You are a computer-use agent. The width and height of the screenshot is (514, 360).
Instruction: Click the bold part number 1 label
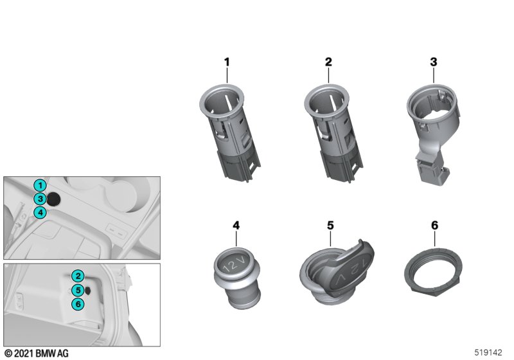tap(227, 62)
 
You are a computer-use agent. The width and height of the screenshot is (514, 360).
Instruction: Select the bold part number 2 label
tap(328, 62)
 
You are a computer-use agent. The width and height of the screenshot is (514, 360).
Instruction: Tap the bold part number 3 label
tap(434, 62)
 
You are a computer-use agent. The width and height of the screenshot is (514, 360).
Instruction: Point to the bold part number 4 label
tap(236, 226)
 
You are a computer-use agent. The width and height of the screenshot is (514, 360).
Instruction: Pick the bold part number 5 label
tap(330, 226)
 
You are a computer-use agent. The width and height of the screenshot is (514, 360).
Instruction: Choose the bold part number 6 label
tap(435, 226)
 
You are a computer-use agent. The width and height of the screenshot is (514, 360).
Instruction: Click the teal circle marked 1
tap(40, 186)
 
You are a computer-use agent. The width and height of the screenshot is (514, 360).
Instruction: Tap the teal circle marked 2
tap(78, 276)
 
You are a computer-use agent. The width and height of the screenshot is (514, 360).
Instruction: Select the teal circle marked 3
tap(40, 199)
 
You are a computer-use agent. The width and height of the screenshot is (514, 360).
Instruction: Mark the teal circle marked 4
tap(40, 212)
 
